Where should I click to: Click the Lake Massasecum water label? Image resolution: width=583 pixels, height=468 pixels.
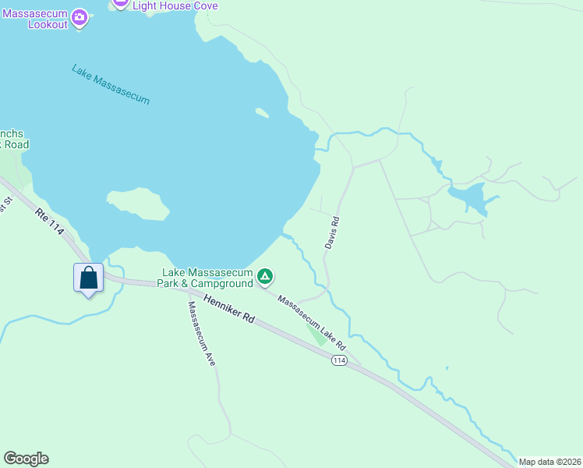110,84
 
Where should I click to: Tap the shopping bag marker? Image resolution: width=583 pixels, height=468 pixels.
89,278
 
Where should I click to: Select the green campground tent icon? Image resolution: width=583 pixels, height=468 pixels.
266,276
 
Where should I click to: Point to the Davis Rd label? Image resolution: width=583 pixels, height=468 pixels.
333,232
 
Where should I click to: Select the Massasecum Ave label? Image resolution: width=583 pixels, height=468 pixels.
201,334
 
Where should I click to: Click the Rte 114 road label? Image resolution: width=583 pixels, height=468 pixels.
50,222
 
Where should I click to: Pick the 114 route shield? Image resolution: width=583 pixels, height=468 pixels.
338,360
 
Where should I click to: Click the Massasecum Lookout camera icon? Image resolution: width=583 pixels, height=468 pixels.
79,16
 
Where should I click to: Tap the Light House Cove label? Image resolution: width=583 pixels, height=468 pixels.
175,5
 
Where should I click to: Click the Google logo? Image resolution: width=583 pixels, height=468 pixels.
26,459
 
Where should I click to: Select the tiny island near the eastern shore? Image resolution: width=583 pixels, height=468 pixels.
262,113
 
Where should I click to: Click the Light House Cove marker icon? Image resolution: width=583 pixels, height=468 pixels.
119,3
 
